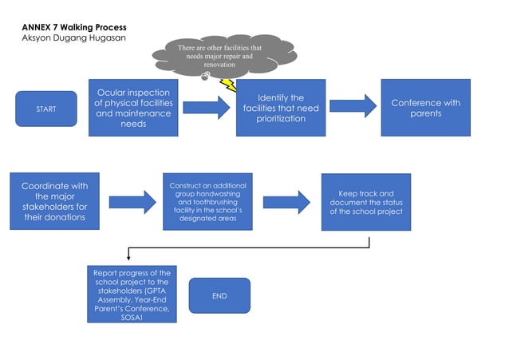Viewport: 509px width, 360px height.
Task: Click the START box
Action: (46, 109)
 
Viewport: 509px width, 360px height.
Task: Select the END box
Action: (219, 295)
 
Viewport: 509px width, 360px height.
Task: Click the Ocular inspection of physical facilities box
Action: (133, 108)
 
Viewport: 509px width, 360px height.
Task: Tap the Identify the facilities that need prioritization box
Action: (281, 108)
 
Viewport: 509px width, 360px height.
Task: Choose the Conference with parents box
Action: (426, 108)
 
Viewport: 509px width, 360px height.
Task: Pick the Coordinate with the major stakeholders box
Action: (54, 201)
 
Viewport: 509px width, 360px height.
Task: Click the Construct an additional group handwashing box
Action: (207, 201)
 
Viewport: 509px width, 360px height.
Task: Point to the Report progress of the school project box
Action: (132, 295)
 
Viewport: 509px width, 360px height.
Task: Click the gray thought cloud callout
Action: (213, 56)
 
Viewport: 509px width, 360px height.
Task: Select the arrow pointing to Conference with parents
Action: (353, 107)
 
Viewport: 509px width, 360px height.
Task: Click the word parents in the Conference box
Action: (426, 113)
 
